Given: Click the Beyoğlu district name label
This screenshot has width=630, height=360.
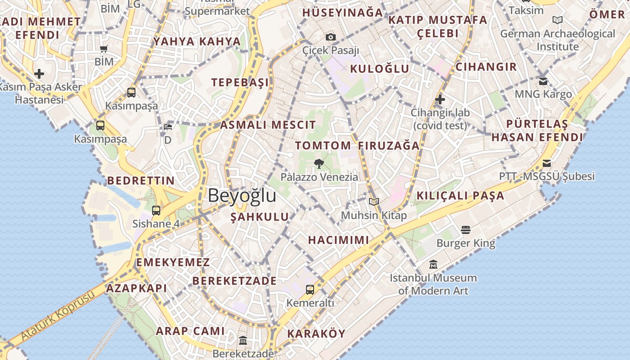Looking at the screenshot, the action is click(242, 195).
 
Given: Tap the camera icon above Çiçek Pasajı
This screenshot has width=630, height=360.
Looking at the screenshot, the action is click(331, 37).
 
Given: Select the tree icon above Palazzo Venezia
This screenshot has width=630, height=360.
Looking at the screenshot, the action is click(319, 163).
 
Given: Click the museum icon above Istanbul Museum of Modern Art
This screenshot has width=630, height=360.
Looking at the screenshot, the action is click(433, 264).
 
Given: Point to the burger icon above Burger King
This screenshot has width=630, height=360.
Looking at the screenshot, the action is click(466, 230).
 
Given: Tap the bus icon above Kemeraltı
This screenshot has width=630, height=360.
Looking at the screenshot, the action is click(310, 289).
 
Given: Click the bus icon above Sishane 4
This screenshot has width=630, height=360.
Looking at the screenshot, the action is click(156, 210).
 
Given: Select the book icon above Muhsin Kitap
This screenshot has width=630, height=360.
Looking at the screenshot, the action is click(373, 202).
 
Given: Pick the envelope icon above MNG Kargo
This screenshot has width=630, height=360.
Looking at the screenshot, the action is click(543, 81).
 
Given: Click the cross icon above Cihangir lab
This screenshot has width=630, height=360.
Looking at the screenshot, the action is click(440, 99).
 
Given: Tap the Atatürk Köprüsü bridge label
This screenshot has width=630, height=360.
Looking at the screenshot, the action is click(58, 315).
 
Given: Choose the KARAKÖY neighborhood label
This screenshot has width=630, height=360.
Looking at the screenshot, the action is click(316, 333).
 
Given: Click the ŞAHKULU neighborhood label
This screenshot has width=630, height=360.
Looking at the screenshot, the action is click(260, 217).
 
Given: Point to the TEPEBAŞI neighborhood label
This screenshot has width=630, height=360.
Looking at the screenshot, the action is click(240, 82).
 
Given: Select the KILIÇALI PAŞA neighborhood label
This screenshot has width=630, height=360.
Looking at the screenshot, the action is click(460, 196).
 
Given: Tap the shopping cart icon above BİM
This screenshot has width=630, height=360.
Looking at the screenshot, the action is click(104, 49).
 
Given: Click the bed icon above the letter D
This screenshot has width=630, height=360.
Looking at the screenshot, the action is click(168, 126).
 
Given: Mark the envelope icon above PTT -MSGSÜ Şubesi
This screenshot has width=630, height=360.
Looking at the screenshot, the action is click(547, 163).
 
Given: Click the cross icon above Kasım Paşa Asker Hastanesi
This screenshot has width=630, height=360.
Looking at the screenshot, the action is click(39, 73).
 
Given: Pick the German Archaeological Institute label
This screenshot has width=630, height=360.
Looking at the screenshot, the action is click(558, 40).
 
